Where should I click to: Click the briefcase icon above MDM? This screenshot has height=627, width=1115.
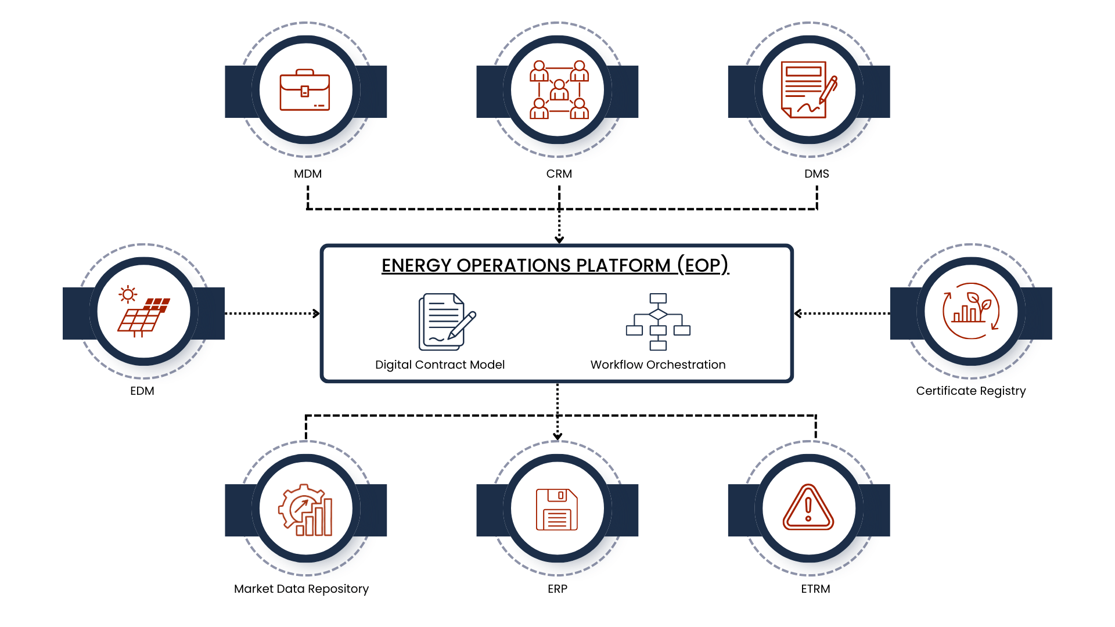click(x=305, y=91)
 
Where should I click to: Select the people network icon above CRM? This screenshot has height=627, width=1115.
click(x=559, y=90)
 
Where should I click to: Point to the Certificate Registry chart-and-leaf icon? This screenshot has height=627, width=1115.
click(x=970, y=311)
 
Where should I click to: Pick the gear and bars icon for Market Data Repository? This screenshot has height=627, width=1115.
click(x=305, y=510)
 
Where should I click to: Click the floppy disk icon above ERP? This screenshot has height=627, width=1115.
click(x=557, y=509)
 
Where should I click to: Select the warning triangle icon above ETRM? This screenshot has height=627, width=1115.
click(x=808, y=508)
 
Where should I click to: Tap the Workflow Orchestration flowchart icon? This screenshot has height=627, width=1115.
click(x=658, y=322)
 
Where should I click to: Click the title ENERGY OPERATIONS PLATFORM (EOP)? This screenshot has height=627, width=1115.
click(x=555, y=265)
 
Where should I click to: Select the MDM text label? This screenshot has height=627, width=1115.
click(x=307, y=174)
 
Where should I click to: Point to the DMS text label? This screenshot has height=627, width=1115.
click(x=817, y=174)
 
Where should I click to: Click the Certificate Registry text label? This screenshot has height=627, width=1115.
click(x=970, y=391)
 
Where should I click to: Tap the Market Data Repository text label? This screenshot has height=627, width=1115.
click(x=301, y=589)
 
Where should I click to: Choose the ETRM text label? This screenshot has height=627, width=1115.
click(x=815, y=589)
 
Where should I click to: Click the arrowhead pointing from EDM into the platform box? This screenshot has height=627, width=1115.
click(x=316, y=313)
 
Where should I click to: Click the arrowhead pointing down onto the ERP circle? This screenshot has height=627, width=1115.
click(x=557, y=437)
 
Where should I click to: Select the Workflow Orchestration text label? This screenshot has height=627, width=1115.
click(x=658, y=365)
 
